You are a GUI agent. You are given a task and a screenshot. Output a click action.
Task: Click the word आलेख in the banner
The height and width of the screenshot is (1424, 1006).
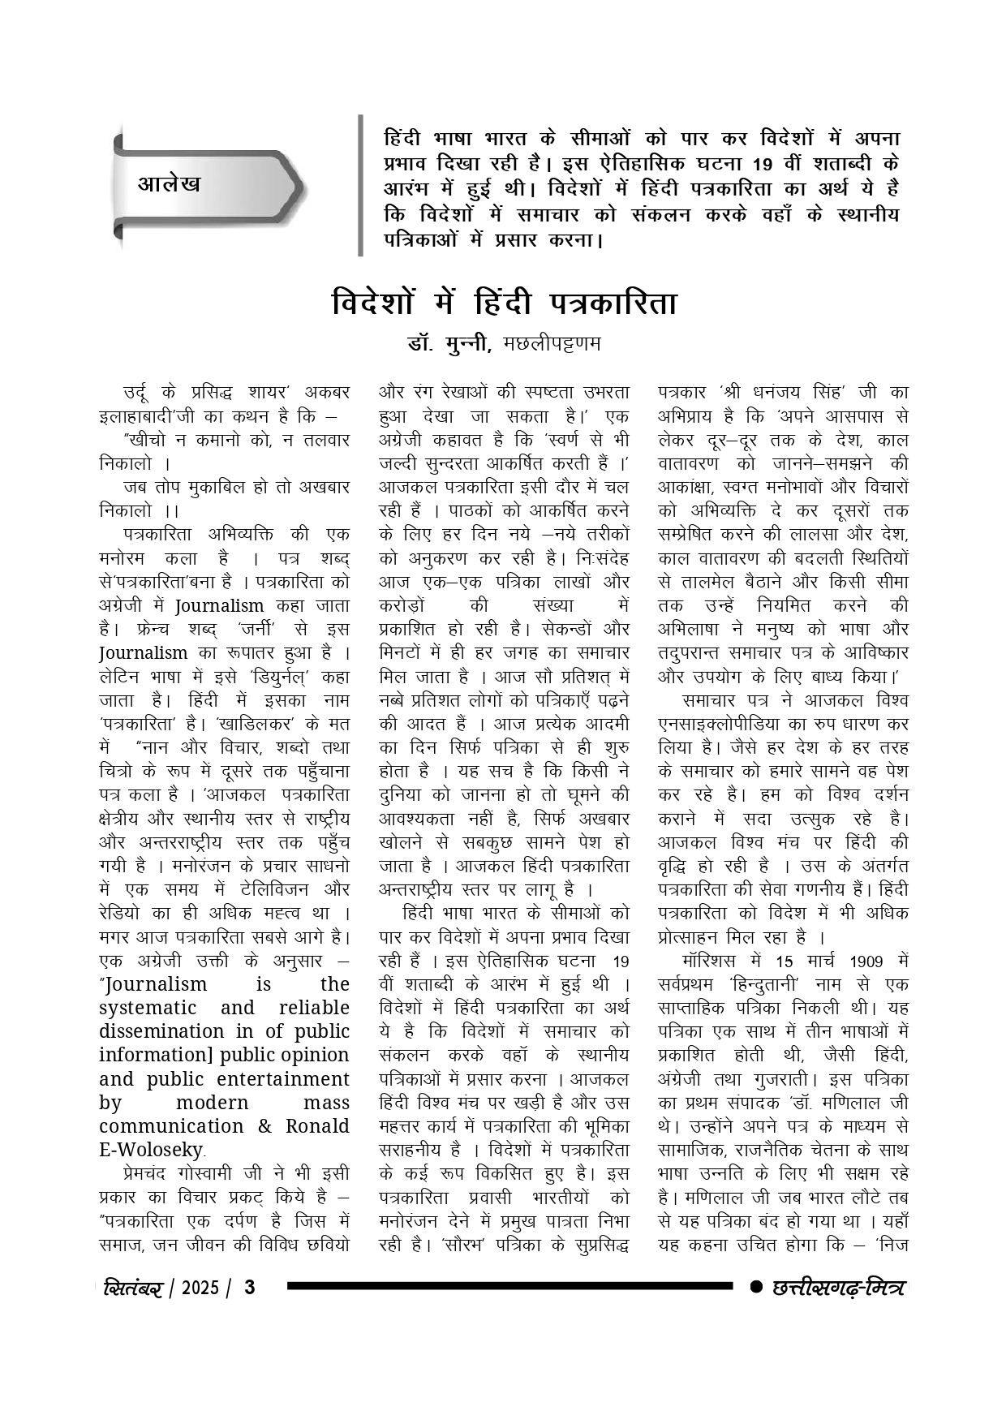[x=169, y=183]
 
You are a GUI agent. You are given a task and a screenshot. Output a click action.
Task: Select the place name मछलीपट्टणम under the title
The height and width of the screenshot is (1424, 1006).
[x=552, y=343]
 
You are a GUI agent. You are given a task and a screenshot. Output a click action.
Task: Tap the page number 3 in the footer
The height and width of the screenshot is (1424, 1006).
[x=250, y=1288]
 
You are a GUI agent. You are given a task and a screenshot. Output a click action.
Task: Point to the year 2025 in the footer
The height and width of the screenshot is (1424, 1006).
[x=200, y=1288]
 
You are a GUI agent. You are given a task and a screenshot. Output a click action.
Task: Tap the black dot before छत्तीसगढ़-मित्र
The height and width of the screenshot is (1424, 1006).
[x=756, y=1287]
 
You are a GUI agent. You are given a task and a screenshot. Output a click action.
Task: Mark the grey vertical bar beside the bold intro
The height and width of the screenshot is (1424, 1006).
[x=360, y=185]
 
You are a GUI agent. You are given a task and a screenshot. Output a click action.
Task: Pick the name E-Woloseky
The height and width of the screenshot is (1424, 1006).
[x=151, y=1150]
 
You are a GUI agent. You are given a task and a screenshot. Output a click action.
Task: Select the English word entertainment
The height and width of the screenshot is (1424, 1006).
[x=284, y=1079]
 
